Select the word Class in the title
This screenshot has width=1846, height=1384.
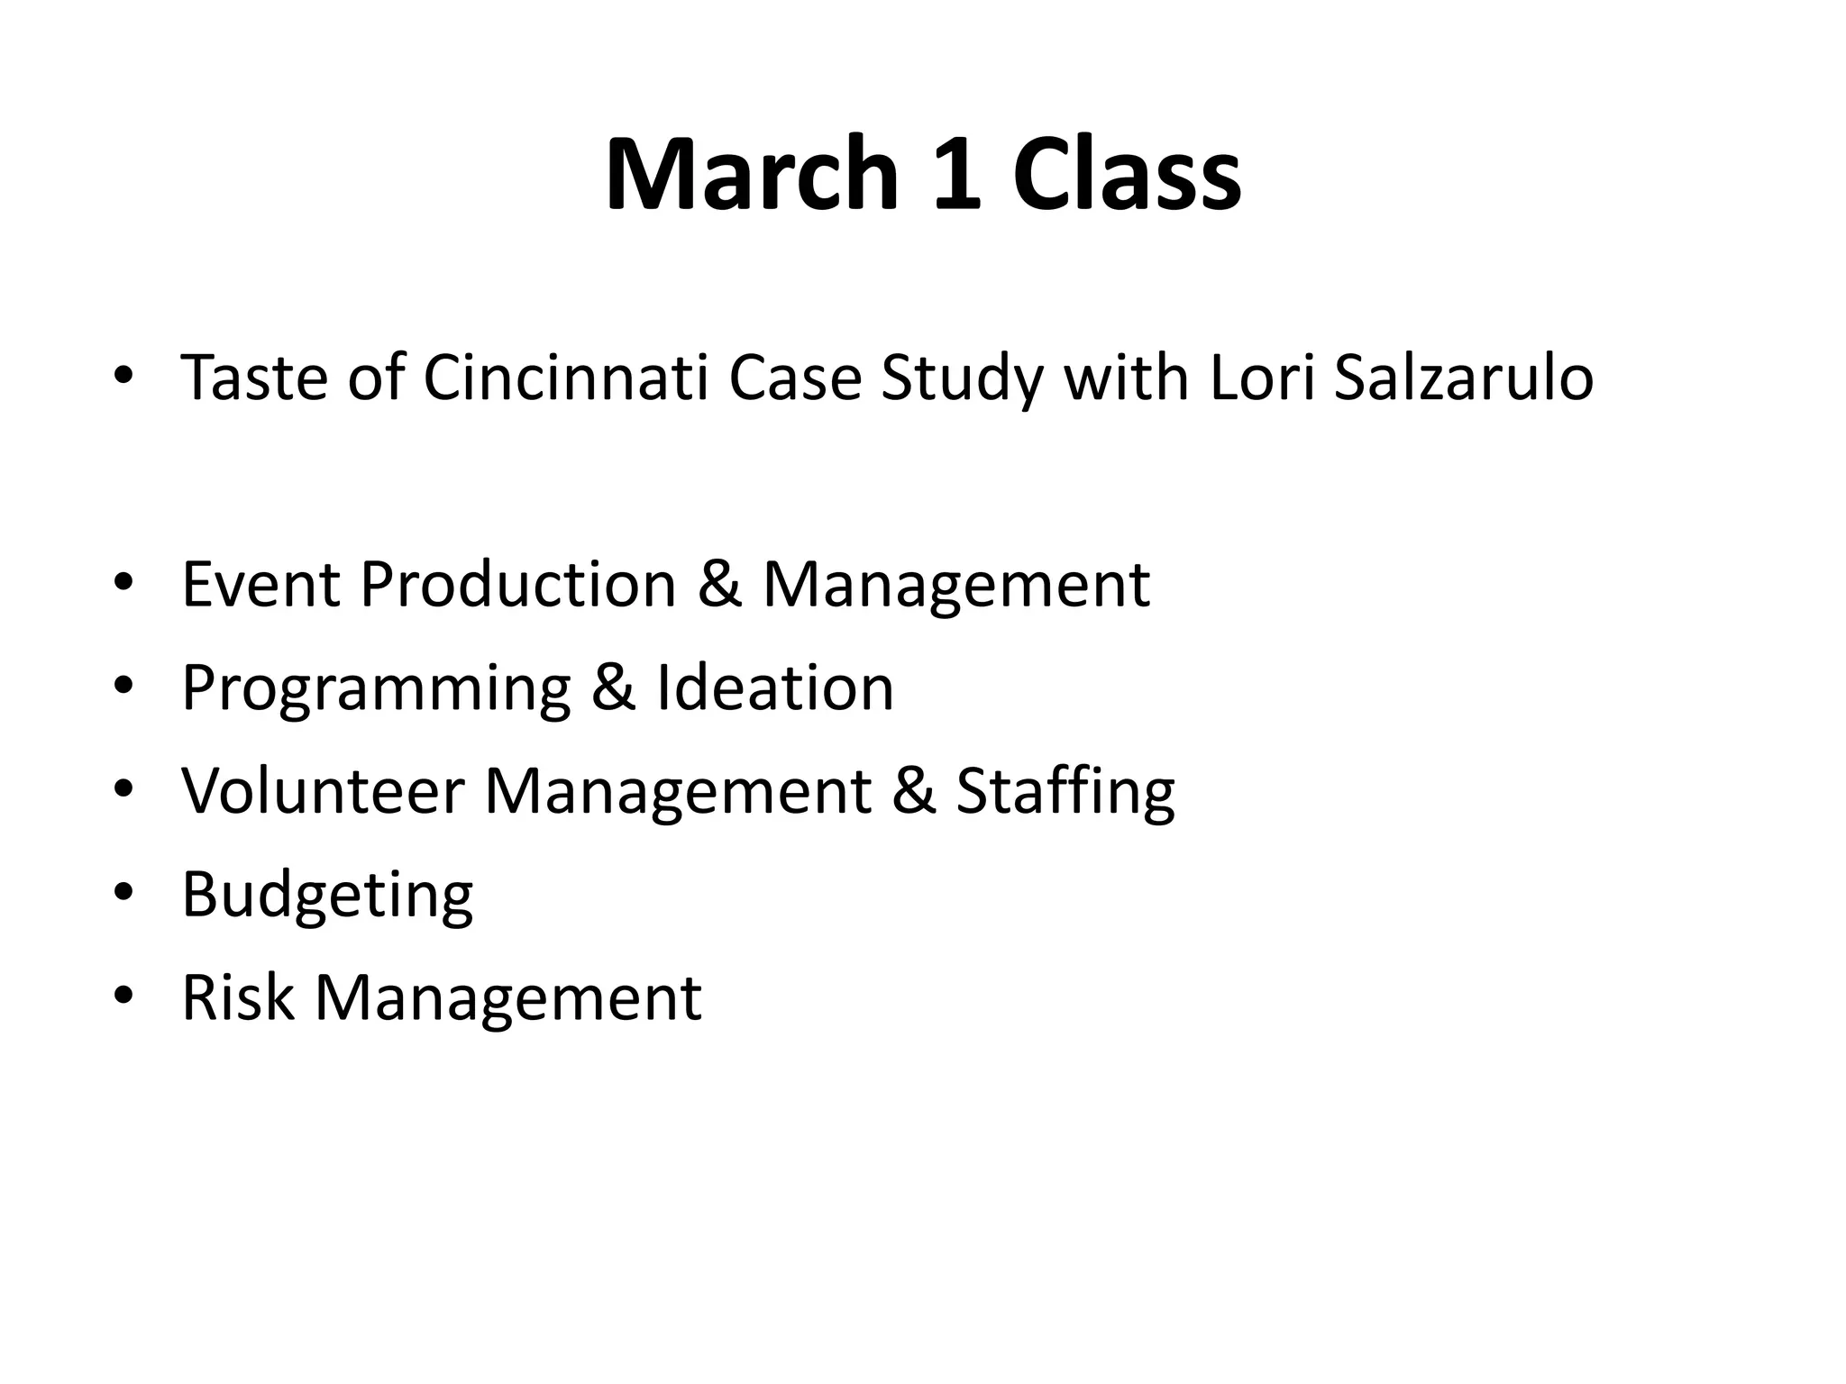pos(1127,173)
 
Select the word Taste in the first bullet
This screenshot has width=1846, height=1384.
pos(254,377)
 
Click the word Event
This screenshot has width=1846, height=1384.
pos(261,584)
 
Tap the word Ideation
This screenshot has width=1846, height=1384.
pos(775,687)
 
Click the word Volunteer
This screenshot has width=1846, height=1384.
pos(323,791)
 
